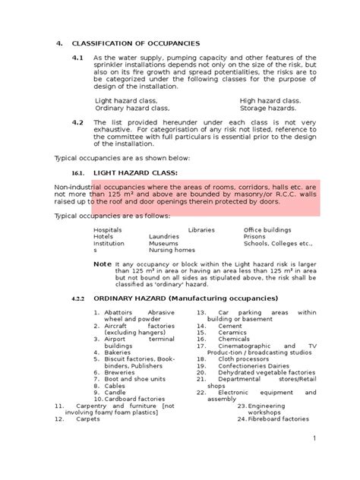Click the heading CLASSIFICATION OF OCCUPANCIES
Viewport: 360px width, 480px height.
point(136,43)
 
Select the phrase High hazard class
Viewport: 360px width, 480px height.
point(270,100)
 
